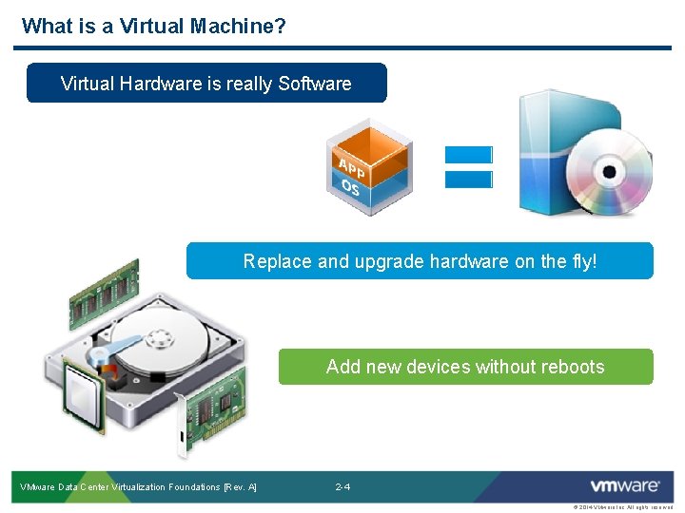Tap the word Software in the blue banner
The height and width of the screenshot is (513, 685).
315,84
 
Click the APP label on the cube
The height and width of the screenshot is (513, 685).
351,168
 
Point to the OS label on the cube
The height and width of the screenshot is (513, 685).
351,188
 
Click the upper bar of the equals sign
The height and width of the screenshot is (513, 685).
468,154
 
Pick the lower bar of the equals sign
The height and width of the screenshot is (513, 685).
468,179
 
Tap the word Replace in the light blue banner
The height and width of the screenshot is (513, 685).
277,261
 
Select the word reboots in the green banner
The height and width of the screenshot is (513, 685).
569,367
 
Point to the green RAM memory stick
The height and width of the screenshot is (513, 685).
104,294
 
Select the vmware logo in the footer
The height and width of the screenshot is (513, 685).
624,486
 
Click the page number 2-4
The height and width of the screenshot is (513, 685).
342,487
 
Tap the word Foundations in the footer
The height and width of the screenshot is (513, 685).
196,487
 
